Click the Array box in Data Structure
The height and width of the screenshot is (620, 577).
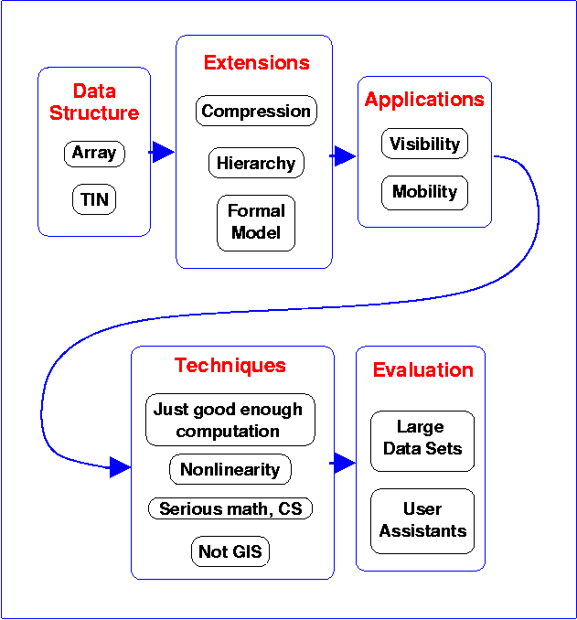click(x=94, y=153)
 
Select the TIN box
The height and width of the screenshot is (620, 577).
click(x=94, y=198)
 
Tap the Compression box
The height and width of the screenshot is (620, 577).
click(x=256, y=112)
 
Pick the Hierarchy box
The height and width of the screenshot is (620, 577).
click(x=256, y=164)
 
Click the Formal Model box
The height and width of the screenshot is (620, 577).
click(x=256, y=222)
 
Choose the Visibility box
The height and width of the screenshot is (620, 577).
click(x=424, y=144)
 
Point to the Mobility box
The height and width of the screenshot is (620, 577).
click(x=424, y=192)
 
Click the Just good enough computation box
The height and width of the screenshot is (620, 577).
click(x=230, y=420)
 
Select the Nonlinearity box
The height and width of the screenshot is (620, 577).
click(x=230, y=470)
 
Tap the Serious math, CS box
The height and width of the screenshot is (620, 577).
click(x=230, y=508)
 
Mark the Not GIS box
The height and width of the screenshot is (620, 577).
click(x=230, y=551)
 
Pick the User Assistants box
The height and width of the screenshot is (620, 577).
click(x=422, y=520)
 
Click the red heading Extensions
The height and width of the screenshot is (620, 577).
click(x=256, y=63)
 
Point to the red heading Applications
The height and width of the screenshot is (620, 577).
click(x=424, y=100)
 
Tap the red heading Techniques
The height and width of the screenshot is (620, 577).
click(x=230, y=366)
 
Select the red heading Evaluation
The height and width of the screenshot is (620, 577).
click(x=422, y=370)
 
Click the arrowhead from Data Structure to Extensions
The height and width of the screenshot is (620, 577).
click(x=163, y=152)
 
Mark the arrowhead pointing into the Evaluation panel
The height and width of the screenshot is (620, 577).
click(x=344, y=463)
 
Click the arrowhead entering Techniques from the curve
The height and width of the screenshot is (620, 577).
click(x=120, y=468)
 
